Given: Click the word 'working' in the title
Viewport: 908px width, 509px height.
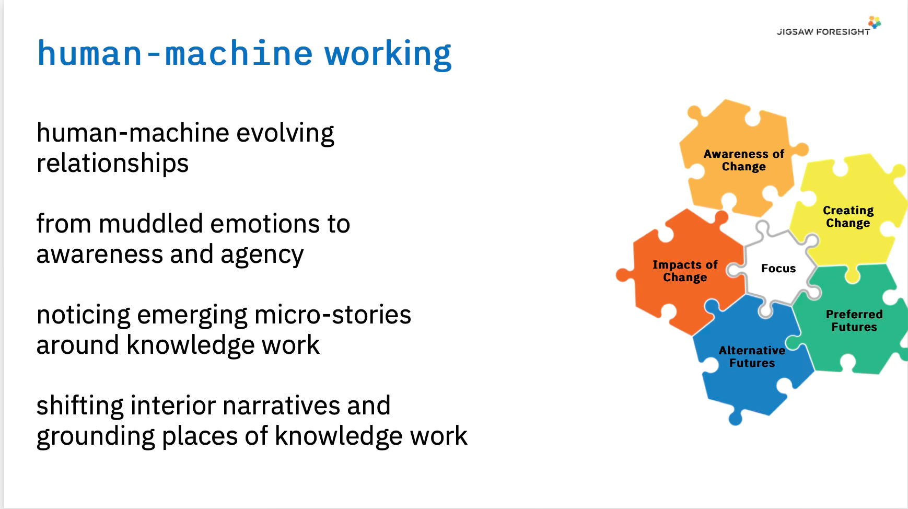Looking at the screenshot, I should click(x=388, y=54).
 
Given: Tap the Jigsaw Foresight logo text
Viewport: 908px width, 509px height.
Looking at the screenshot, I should click(x=823, y=32).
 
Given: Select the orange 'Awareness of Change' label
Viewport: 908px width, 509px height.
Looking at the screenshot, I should click(x=743, y=160).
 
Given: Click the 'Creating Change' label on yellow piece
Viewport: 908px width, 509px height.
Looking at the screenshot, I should click(x=848, y=217).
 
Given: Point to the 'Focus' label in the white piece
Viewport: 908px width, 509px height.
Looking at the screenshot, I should click(x=778, y=269).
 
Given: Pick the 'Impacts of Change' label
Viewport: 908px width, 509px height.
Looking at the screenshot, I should click(x=685, y=271).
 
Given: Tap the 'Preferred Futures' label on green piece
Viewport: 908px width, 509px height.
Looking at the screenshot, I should click(x=854, y=320).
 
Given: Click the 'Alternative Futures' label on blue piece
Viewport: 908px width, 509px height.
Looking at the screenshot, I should click(x=752, y=356).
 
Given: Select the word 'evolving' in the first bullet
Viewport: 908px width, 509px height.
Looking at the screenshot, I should click(x=285, y=134).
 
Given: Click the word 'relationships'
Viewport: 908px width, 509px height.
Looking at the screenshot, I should click(x=112, y=164).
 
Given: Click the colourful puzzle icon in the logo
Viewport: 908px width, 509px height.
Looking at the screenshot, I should click(x=875, y=22).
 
